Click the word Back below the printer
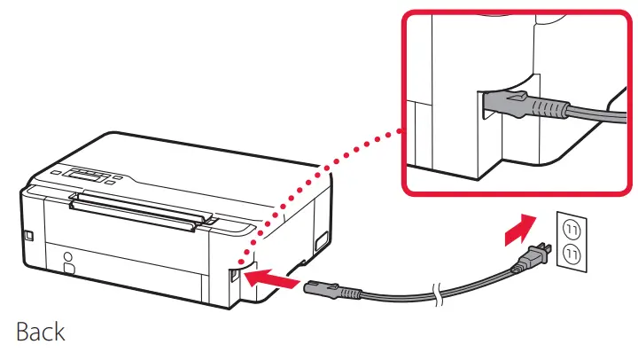[41, 333]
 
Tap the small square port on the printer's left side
[28, 236]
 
